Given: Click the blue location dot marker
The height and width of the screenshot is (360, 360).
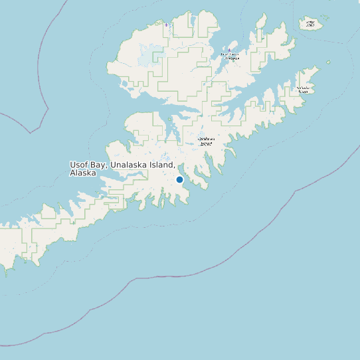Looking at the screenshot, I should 179,179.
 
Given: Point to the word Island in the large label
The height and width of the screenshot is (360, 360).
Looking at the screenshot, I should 161,165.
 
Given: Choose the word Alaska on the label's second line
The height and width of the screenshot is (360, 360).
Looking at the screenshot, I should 83,173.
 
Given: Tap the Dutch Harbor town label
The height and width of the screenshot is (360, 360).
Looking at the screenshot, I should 230,56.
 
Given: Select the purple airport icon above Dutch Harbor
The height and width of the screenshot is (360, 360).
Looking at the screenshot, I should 230,49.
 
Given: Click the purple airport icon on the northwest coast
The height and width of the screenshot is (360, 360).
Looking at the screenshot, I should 166,25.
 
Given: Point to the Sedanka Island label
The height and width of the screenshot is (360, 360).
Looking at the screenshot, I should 303,89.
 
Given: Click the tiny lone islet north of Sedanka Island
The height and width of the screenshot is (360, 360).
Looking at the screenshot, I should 328,62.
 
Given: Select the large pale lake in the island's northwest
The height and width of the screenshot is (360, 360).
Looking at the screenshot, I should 145,60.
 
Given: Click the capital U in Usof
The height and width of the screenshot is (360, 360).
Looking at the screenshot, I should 73,165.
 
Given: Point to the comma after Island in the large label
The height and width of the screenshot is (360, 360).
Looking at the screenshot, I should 174,167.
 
